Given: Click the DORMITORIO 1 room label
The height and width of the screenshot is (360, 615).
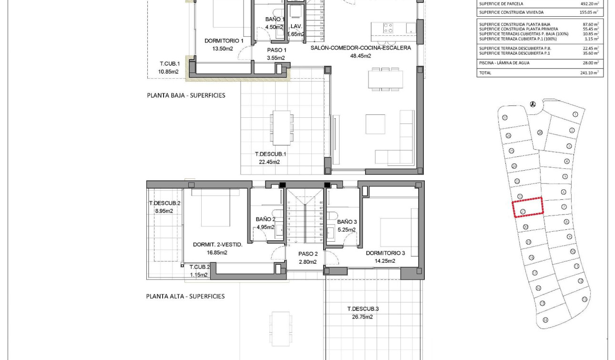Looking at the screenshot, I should [224, 41].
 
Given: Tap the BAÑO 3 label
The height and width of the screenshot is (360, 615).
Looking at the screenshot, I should [347, 222].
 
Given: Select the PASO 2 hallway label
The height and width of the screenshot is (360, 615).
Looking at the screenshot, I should [308, 254].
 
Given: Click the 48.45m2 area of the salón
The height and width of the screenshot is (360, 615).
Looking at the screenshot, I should [360, 56].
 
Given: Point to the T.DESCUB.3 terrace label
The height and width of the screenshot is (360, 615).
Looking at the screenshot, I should [363, 309].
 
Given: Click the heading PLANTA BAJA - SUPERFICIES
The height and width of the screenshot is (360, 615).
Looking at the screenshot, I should [186, 95].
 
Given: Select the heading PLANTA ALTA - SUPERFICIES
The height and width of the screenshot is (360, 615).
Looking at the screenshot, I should [185, 296].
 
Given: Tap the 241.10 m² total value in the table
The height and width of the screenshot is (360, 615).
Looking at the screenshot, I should [589, 73].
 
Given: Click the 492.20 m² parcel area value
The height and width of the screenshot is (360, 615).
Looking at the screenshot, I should [589, 4].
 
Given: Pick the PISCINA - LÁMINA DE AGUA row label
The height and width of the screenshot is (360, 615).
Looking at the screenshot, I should [504, 63].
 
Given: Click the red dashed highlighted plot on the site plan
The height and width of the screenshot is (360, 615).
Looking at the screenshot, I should [528, 207].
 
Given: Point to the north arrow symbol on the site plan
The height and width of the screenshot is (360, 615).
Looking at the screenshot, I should [533, 104].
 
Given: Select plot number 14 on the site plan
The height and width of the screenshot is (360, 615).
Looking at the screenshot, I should [545, 320].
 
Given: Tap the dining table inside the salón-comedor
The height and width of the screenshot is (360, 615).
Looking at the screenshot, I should [379, 79].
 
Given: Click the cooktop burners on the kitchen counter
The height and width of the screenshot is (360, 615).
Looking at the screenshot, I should [388, 28].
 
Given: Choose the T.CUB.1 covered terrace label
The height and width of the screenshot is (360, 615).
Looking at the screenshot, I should [169, 63].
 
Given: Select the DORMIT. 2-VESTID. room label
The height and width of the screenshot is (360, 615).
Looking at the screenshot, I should [217, 245].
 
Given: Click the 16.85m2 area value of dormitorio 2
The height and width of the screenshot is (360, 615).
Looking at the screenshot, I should [217, 253].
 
